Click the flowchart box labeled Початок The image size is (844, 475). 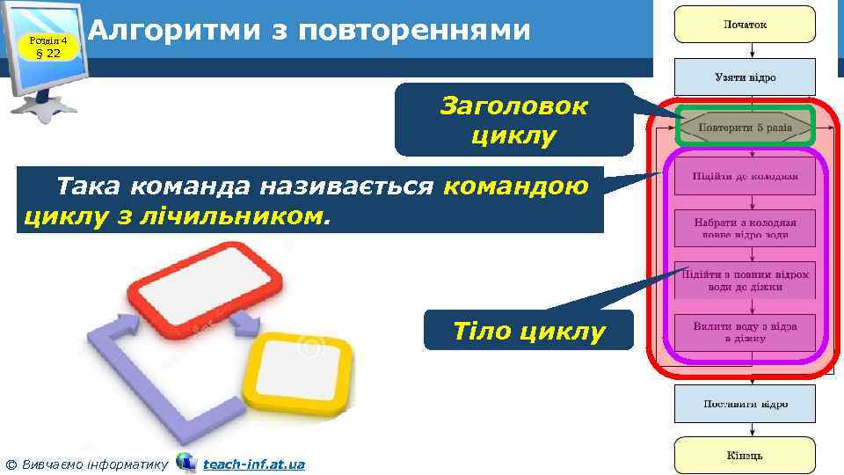click(745, 25)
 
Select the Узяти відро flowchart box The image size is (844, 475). click(745, 77)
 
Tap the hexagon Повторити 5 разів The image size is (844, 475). click(746, 128)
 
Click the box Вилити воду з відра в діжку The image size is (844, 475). click(746, 331)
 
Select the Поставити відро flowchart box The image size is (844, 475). click(745, 404)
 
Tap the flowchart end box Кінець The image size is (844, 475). click(745, 456)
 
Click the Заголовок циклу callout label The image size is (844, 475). click(513, 121)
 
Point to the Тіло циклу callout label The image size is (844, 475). click(528, 332)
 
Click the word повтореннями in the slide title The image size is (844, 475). click(415, 30)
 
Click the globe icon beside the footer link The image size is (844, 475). click(186, 462)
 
